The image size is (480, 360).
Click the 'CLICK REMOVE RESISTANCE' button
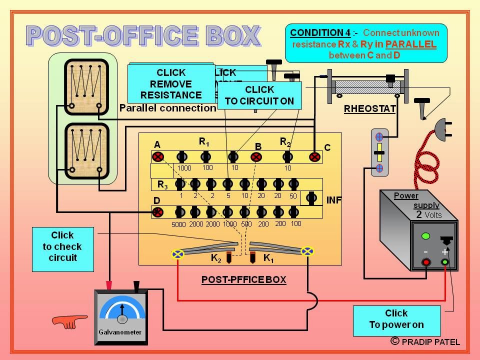pos(170,83)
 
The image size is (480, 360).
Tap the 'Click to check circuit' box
pos(62,246)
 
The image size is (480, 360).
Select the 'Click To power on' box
pos(396,319)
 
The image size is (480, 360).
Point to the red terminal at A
pos(158,157)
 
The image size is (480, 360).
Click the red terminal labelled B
pos(256,157)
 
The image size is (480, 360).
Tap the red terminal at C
pos(314,157)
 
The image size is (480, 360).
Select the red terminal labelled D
pos(157,212)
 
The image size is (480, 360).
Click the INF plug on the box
pos(311,198)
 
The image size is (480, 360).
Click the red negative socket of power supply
pos(426,262)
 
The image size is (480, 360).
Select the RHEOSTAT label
pos(369,108)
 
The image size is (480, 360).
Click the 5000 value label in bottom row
pos(178,224)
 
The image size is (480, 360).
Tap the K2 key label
pos(216,258)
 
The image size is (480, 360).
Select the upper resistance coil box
pos(85,85)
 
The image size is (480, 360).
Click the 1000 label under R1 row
pos(184,168)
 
